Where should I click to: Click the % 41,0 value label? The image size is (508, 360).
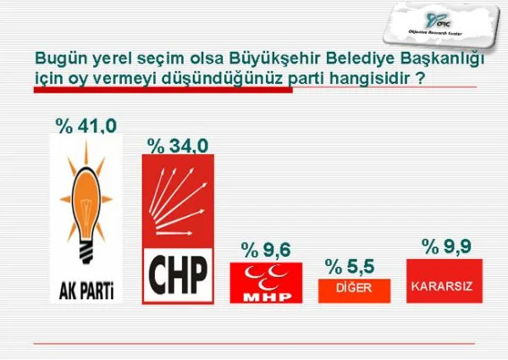click(x=86, y=126)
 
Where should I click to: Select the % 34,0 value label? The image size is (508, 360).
click(x=178, y=146)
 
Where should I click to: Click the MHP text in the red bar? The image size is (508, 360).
click(x=267, y=297)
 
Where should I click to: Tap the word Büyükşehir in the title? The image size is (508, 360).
click(x=275, y=58)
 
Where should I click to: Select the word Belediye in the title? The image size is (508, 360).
click(x=360, y=58)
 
